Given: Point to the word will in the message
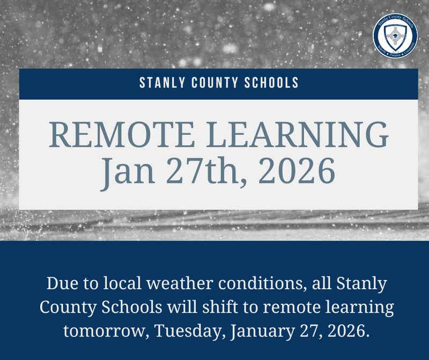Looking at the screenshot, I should point(182,307).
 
